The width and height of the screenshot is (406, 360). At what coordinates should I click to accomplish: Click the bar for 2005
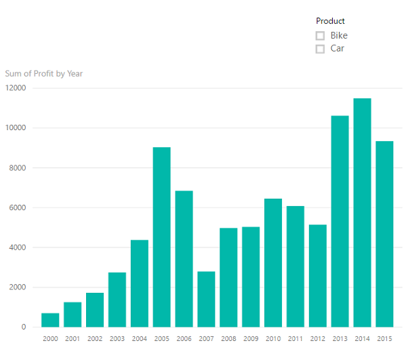pos(161,237)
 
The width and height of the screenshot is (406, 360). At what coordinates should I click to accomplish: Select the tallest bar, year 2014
pos(362,213)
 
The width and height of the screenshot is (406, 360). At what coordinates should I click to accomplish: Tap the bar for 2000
pos(50,320)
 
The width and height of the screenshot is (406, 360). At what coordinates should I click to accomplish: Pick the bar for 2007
pos(206,299)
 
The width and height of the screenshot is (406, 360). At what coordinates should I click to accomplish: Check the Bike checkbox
pos(320,35)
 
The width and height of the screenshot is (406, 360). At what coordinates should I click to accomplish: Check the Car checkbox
pos(320,49)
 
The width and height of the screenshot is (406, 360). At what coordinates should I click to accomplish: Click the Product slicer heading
pos(330,21)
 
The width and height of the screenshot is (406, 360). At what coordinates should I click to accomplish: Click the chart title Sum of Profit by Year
pos(44,73)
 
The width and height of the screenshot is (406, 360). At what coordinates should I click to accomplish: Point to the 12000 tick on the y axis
pos(15,88)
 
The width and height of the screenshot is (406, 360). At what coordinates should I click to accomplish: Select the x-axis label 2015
pos(384,338)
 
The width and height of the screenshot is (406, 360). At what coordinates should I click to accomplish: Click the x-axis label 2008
pos(228,338)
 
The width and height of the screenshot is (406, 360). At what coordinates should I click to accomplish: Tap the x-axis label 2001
pos(73,338)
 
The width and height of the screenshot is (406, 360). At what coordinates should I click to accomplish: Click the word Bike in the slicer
pos(339,35)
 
